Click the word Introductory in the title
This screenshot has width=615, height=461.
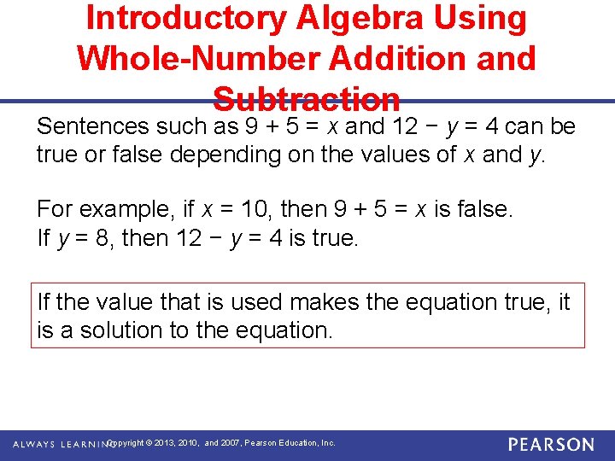pyautogui.click(x=179, y=19)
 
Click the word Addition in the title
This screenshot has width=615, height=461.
pyautogui.click(x=394, y=58)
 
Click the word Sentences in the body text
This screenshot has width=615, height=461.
pyautogui.click(x=93, y=126)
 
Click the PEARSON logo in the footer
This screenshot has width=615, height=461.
pyautogui.click(x=551, y=445)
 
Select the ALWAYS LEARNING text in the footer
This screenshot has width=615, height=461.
pyautogui.click(x=60, y=444)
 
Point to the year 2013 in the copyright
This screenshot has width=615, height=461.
pyautogui.click(x=164, y=443)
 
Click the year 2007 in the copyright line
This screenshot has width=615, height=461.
pyautogui.click(x=231, y=443)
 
